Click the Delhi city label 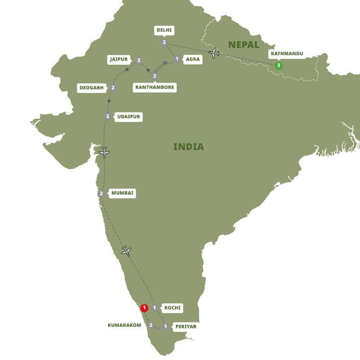coord(164,30)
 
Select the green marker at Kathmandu coord(278,66)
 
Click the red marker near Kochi coord(144,308)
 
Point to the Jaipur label coord(119,60)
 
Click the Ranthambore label coord(155,87)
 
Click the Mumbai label coord(123,193)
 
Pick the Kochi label coord(172,307)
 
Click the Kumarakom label coord(125,325)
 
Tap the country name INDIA coord(189,147)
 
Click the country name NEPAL coord(243,45)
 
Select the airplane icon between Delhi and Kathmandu coord(214,53)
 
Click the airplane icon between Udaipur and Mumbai coord(104,153)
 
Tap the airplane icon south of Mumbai coord(126,251)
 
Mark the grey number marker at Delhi coord(164,43)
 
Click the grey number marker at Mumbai coord(101,193)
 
